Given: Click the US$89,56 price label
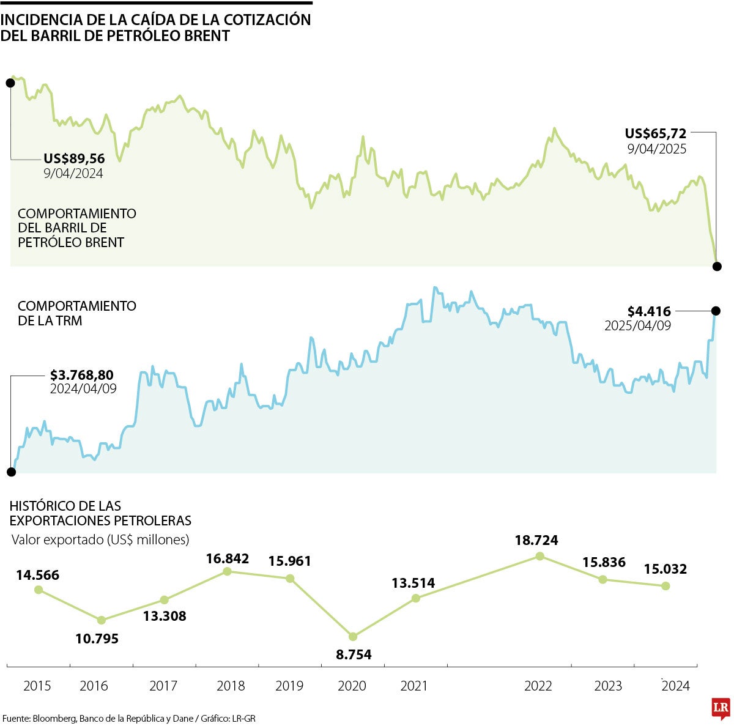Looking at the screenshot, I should (74, 159).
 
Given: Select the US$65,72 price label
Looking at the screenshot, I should (655, 133).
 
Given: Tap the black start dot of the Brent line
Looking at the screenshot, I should (10, 83).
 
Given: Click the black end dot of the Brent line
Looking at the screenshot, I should (717, 266).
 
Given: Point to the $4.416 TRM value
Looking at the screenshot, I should (649, 311).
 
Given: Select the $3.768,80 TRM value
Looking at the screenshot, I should (82, 374).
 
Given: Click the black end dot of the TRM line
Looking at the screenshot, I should (716, 311).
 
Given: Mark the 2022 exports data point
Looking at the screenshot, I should (539, 556).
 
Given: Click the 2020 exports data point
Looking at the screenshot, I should (353, 637).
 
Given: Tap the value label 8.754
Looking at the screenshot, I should (354, 654).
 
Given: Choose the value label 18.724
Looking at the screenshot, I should (536, 541).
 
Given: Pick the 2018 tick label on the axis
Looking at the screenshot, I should (231, 686).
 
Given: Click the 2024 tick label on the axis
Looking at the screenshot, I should (675, 686).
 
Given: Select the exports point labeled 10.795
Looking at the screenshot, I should (102, 620).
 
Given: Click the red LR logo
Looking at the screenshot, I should (721, 708).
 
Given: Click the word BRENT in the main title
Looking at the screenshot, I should (209, 35).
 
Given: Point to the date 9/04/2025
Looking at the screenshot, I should (656, 149).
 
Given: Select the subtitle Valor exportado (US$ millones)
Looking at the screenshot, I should (100, 539).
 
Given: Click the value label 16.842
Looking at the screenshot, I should (228, 558).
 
